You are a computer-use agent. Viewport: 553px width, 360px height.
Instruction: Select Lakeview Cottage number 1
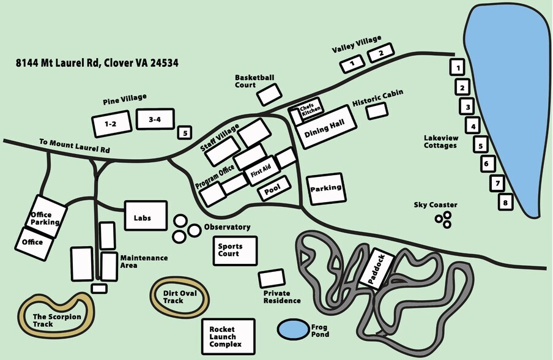(x=458, y=66)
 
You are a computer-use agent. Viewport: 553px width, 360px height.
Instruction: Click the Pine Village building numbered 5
(x=184, y=132)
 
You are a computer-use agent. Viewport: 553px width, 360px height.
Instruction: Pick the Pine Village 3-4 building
(x=155, y=120)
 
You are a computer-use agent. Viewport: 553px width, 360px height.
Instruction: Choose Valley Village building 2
(x=380, y=53)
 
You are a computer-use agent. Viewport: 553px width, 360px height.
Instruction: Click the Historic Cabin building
(x=377, y=111)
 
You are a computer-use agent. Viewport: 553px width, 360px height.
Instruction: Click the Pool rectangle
(x=272, y=192)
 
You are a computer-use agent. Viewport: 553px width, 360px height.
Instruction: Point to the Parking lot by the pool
(x=326, y=189)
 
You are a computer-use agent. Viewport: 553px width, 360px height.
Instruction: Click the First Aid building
(x=260, y=174)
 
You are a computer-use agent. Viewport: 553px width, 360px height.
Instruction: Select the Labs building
(x=146, y=216)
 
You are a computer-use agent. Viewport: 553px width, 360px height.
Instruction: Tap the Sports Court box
(x=234, y=250)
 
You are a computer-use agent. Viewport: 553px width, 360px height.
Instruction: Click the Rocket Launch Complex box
(x=228, y=336)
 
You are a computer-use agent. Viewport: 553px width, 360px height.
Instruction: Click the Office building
(x=32, y=242)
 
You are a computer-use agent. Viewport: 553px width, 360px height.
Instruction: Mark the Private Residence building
(x=271, y=279)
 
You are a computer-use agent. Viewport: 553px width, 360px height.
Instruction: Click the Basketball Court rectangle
(x=269, y=94)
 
